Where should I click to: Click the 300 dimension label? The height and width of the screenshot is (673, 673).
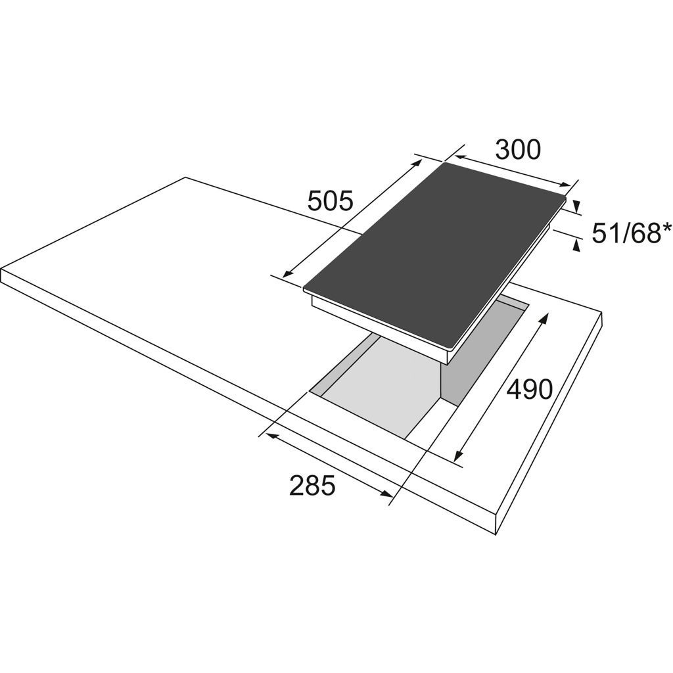point(518,150)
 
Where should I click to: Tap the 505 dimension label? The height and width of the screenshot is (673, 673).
point(331,200)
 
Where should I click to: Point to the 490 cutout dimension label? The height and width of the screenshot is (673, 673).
point(529,389)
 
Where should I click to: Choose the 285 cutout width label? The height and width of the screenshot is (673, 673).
point(312,486)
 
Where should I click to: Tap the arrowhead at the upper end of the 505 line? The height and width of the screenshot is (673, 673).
point(417,163)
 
